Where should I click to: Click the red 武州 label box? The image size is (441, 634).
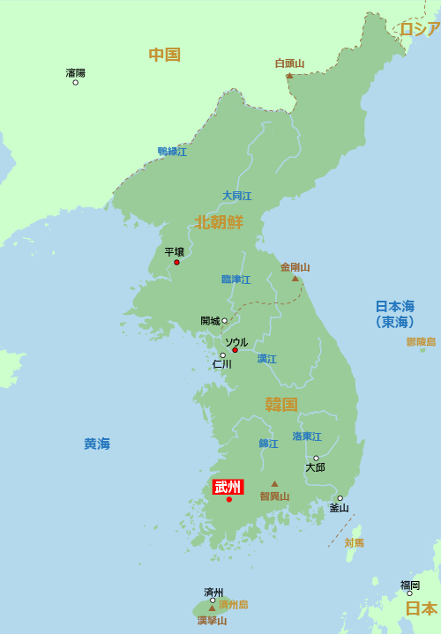(228, 487)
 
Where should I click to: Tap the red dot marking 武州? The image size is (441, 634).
(229, 500)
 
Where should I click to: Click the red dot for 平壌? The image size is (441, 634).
(176, 262)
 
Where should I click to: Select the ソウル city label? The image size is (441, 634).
(236, 341)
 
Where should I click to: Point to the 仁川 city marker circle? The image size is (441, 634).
(222, 355)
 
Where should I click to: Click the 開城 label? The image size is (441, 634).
(211, 321)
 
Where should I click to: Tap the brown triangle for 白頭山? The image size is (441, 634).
(289, 76)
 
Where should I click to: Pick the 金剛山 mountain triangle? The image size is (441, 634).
(295, 279)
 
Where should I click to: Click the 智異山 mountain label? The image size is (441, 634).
(274, 496)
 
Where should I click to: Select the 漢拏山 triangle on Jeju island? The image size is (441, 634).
(212, 608)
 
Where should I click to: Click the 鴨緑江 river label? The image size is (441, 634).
(172, 152)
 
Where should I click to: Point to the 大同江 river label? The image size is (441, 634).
(236, 196)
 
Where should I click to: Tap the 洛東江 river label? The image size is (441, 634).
(307, 436)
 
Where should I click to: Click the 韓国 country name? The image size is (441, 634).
(281, 405)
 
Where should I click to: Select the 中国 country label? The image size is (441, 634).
(164, 55)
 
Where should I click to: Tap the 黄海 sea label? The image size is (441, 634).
(97, 444)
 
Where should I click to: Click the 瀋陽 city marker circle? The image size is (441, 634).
(75, 83)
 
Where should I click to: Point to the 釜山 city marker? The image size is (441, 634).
(340, 498)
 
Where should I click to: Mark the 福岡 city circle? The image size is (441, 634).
(409, 593)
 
